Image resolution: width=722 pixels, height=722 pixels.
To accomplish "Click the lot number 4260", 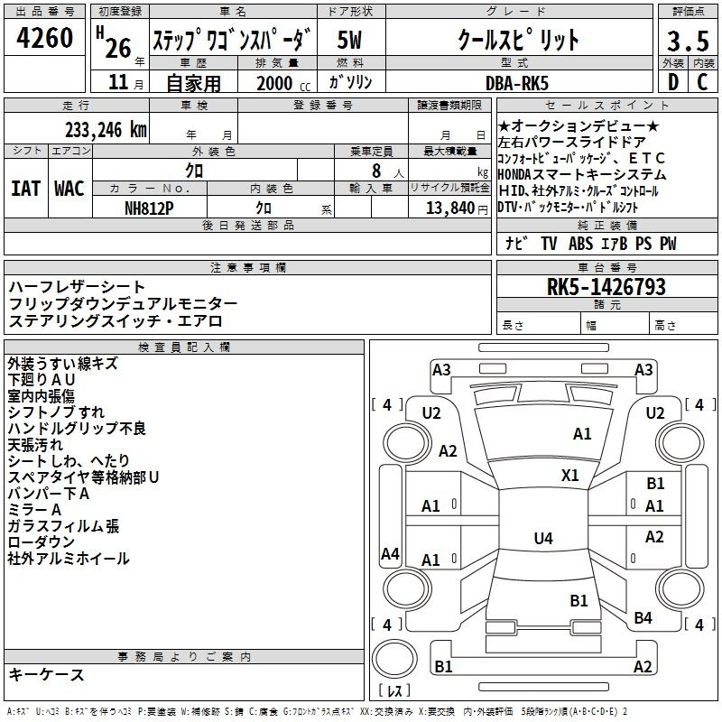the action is click(x=44, y=39).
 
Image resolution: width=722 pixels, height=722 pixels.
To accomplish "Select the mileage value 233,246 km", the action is click(x=106, y=130).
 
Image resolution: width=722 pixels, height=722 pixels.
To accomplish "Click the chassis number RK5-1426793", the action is click(x=606, y=288).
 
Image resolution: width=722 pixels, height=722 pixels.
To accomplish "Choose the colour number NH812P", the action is click(x=150, y=208).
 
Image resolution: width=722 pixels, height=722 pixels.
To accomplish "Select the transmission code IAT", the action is click(x=26, y=188).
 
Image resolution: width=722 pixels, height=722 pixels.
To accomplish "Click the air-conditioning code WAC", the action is click(x=69, y=188).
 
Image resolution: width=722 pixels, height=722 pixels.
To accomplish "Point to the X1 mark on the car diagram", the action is click(x=570, y=475).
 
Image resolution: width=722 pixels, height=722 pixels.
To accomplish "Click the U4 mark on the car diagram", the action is click(x=542, y=539).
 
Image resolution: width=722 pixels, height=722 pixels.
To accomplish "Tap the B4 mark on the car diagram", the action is click(x=643, y=617).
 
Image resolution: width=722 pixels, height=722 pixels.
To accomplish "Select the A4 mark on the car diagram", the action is click(x=390, y=553).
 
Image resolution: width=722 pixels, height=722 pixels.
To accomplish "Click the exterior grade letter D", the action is click(x=672, y=82).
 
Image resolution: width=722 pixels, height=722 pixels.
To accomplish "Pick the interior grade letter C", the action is click(x=702, y=82).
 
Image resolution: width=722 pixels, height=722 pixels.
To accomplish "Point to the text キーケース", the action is click(x=47, y=674).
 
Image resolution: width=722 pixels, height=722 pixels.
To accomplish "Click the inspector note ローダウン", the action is click(x=42, y=542).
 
